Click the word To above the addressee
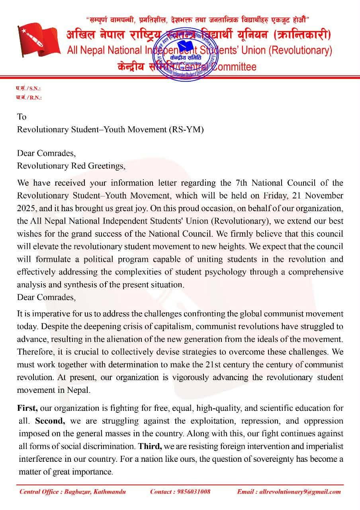pyautogui.click(x=22, y=117)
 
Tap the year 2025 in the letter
pyautogui.click(x=27, y=208)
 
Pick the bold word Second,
pyautogui.click(x=50, y=421)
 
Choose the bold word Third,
pyautogui.click(x=150, y=446)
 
